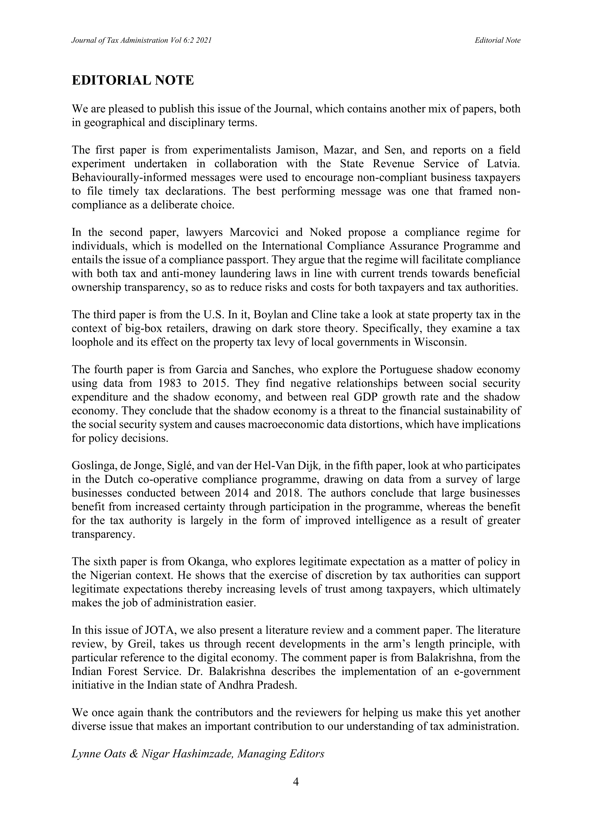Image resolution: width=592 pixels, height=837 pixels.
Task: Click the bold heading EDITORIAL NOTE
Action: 132,80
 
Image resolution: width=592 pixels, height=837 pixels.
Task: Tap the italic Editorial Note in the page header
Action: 497,41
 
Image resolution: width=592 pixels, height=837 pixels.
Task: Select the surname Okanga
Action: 207,562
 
